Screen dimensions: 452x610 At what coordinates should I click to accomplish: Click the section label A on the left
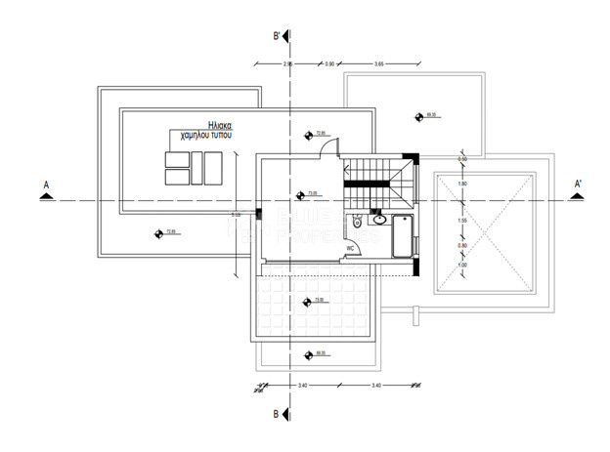(46, 183)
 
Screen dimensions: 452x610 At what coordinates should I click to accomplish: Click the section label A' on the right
(578, 183)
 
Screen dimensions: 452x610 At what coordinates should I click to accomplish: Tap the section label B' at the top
(278, 36)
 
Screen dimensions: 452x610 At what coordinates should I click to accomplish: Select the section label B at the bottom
(277, 414)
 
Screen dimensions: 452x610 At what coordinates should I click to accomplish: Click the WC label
(348, 248)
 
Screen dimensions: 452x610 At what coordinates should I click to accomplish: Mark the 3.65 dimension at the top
(379, 63)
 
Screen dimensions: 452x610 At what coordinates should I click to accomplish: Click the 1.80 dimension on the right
(462, 184)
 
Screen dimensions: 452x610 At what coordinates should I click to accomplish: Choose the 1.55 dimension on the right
(462, 221)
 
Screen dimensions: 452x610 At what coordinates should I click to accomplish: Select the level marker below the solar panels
(159, 232)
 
